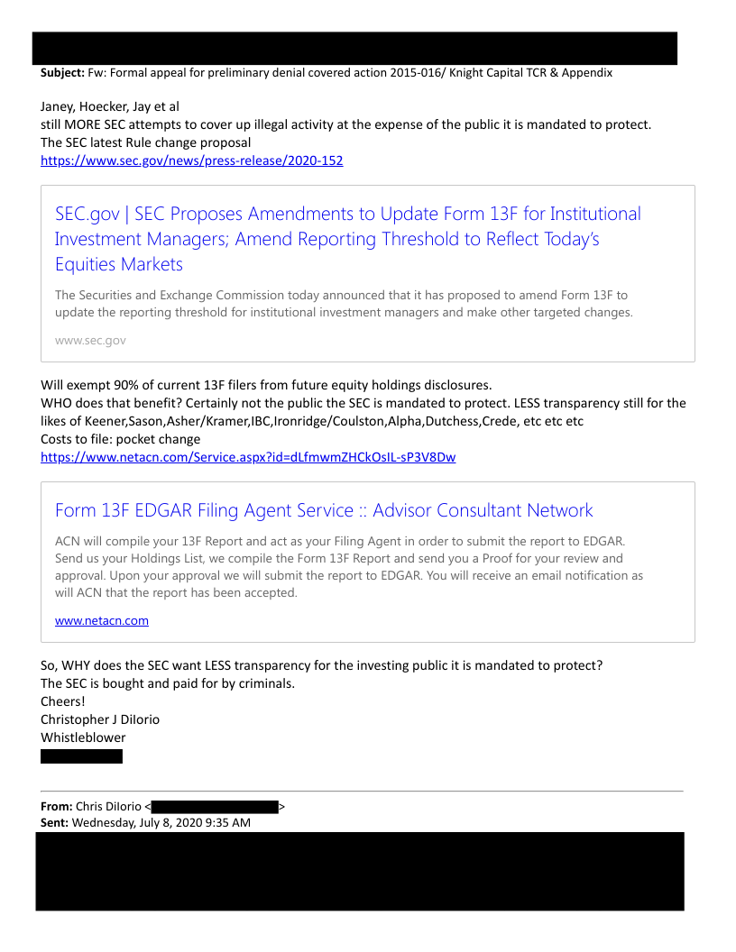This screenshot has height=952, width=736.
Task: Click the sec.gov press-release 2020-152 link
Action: click(191, 160)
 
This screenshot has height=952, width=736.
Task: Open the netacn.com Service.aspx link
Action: click(248, 457)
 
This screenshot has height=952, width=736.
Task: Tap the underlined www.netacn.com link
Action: click(102, 621)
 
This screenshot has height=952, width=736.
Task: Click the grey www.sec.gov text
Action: click(90, 340)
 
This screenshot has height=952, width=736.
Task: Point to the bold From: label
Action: click(56, 806)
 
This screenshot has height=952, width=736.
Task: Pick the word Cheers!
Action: click(63, 701)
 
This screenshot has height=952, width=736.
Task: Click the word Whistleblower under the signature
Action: click(83, 737)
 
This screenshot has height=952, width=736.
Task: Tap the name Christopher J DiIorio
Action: click(100, 719)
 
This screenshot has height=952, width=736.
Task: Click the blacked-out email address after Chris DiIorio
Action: click(215, 807)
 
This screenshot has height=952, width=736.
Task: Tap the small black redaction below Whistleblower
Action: click(81, 756)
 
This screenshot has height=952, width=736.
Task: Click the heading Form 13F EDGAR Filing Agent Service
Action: click(202, 510)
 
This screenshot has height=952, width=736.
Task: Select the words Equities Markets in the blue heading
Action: click(119, 264)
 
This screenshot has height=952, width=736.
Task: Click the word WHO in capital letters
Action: click(58, 403)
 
